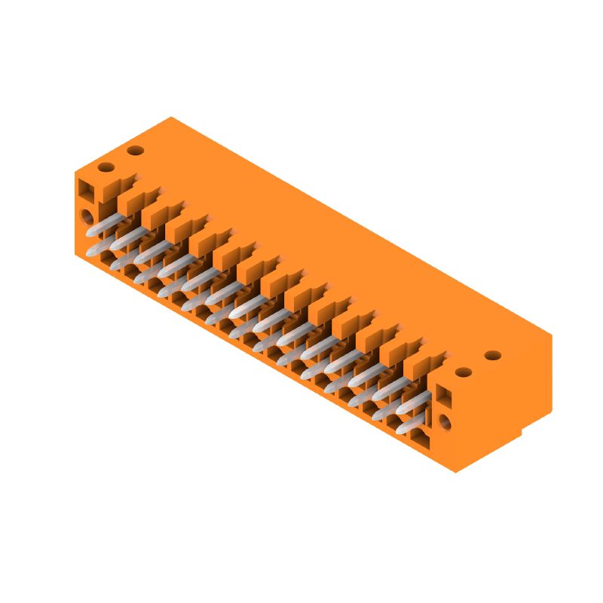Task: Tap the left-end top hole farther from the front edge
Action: click(136, 151)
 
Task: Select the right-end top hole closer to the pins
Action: click(464, 372)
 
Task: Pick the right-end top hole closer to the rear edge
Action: click(493, 355)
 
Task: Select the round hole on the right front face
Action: click(445, 423)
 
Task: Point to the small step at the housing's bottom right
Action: click(523, 433)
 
